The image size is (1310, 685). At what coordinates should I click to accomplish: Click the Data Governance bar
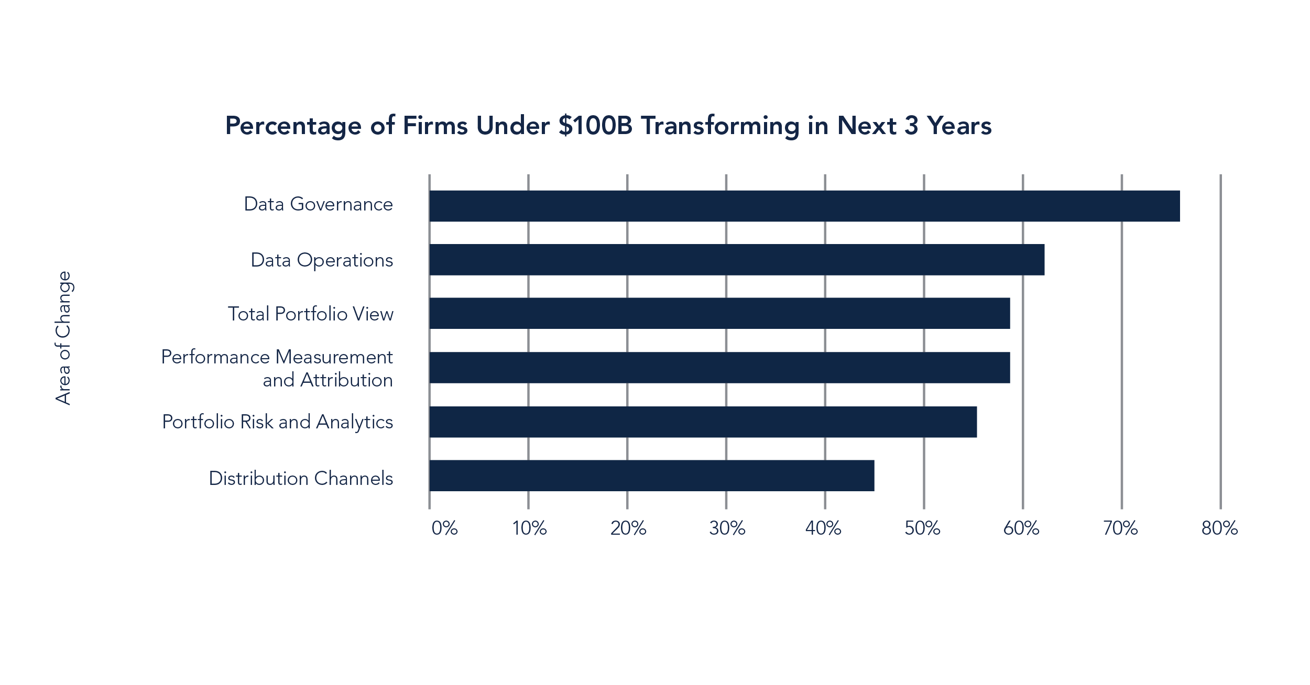tap(804, 206)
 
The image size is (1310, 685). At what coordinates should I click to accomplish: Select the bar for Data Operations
tap(737, 260)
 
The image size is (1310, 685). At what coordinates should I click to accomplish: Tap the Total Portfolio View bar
tap(719, 313)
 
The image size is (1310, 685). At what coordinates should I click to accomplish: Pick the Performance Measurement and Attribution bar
tap(719, 368)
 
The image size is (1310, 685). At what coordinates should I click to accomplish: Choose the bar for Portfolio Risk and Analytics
tap(703, 422)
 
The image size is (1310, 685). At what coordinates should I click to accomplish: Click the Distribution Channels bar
tap(651, 476)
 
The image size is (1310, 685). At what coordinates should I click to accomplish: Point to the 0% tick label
tap(444, 528)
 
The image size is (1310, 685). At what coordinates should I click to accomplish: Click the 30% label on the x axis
tap(727, 528)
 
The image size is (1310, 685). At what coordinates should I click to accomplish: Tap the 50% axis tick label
tap(922, 528)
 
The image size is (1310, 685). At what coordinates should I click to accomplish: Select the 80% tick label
tap(1219, 528)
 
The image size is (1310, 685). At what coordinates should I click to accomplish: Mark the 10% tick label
tap(529, 528)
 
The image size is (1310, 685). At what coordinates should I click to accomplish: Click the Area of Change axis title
tap(63, 338)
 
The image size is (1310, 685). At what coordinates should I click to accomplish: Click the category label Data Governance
tap(318, 204)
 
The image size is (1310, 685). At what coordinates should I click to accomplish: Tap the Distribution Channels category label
tap(301, 478)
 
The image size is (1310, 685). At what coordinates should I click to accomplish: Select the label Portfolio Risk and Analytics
tap(277, 422)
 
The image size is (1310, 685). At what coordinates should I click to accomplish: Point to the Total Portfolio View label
tap(310, 314)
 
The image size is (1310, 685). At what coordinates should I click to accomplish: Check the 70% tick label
tap(1120, 528)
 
